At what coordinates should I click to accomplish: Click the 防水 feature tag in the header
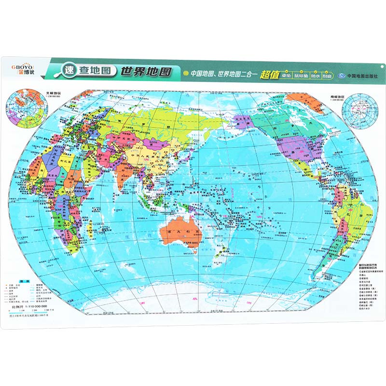[316, 76]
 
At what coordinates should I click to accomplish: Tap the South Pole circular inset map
[358, 110]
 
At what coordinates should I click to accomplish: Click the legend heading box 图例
[22, 280]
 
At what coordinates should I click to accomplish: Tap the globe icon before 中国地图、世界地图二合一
[185, 74]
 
